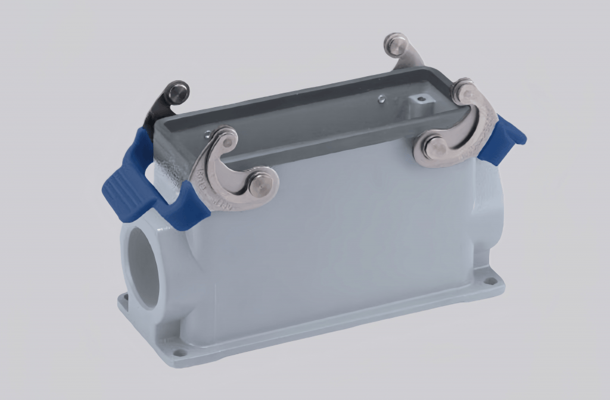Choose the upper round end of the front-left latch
226,138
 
